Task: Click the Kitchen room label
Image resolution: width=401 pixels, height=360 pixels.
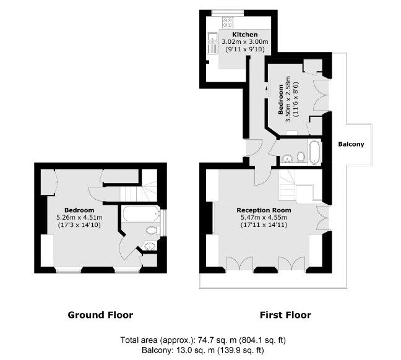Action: [x=244, y=34]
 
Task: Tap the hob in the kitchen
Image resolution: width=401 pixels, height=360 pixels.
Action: [x=228, y=22]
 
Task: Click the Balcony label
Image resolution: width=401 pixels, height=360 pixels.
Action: [x=351, y=144]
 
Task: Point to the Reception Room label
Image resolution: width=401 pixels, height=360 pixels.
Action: [x=264, y=210]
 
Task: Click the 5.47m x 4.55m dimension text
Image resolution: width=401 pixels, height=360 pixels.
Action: [x=264, y=218]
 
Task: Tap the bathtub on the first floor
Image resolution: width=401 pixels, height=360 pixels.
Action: [x=314, y=152]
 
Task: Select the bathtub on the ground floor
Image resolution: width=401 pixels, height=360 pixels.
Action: [x=140, y=213]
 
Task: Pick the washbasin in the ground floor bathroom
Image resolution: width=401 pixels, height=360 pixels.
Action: [x=150, y=246]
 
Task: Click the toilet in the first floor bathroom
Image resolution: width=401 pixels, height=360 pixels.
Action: [x=301, y=157]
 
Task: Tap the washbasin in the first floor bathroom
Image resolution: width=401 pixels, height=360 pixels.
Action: [x=288, y=158]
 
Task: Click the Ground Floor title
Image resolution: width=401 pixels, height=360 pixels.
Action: [x=100, y=315]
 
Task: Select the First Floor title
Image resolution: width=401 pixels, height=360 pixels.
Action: [x=285, y=315]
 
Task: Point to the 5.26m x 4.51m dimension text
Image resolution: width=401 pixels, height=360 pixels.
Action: [x=79, y=218]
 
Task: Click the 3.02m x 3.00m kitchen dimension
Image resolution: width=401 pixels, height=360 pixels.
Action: [x=244, y=41]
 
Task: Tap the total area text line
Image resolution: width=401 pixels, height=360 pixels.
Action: [x=203, y=340]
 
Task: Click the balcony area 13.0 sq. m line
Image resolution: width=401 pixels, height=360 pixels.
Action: [x=203, y=350]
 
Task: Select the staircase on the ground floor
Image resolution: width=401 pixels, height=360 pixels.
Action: [x=138, y=192]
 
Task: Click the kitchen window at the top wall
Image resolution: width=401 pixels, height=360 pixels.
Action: [x=228, y=12]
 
